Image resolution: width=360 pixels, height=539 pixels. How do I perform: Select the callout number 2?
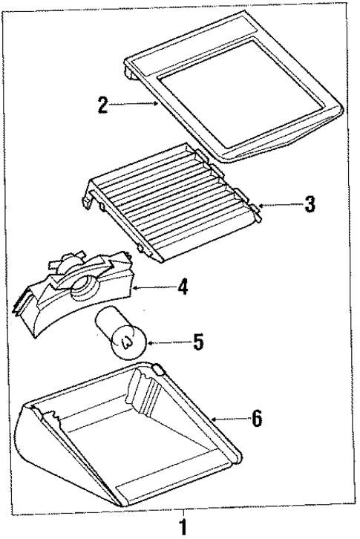(104, 105)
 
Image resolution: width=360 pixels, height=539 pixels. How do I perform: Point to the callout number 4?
(183, 285)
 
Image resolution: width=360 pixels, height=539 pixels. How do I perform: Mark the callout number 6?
(257, 419)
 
